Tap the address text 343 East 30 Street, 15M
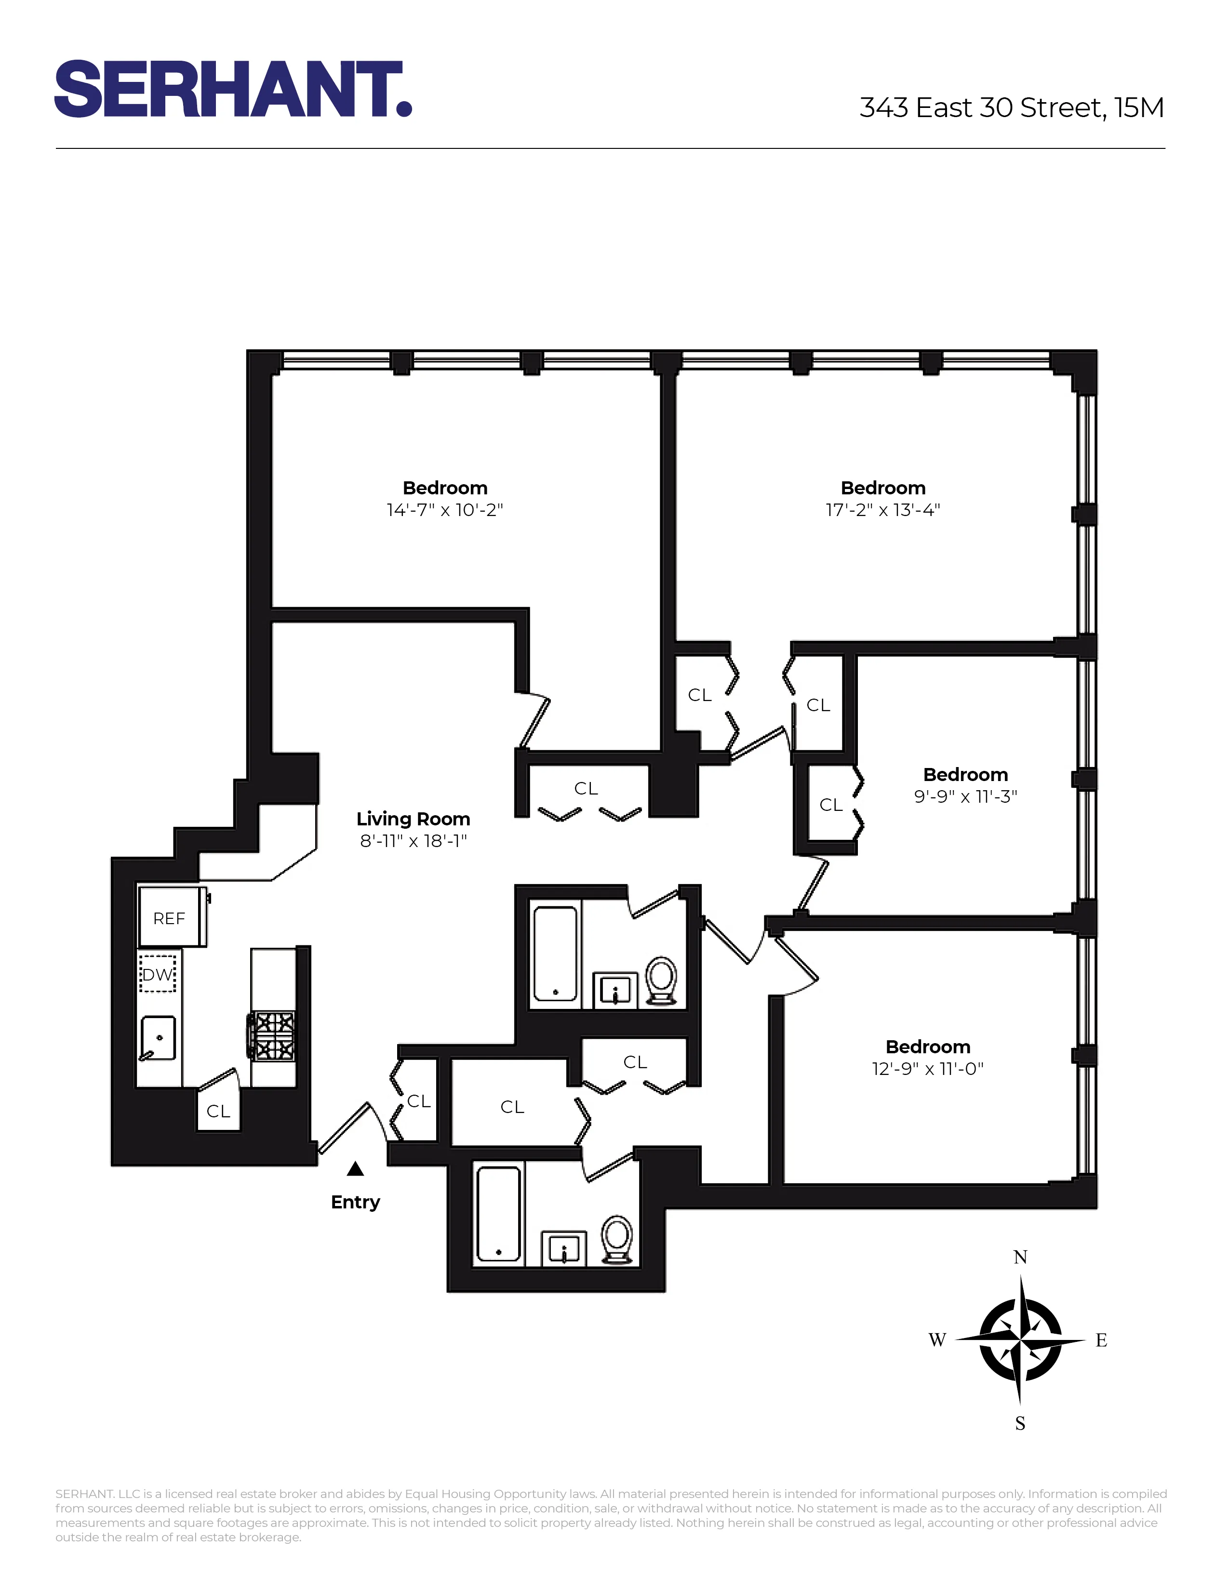click(1011, 108)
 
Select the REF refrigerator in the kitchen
click(172, 917)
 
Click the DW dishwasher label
click(157, 974)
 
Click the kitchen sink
click(159, 1037)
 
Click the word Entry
click(355, 1202)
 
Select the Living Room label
click(413, 819)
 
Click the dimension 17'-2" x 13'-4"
click(882, 510)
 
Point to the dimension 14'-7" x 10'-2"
click(445, 510)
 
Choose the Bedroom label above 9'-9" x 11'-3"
click(965, 775)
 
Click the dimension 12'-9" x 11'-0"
click(928, 1069)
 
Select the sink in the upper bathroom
click(615, 991)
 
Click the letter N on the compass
click(1020, 1257)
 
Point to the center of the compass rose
click(1020, 1339)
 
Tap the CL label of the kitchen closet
click(218, 1111)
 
